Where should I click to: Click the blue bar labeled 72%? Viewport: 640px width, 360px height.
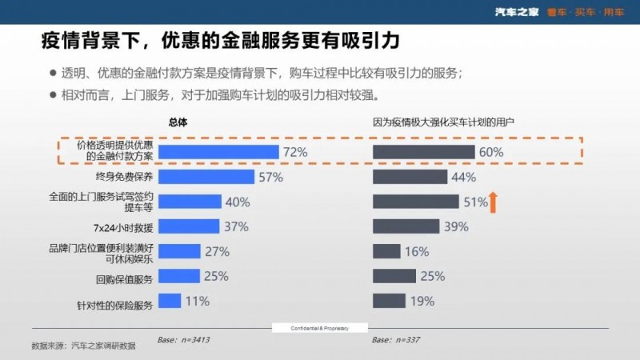tap(218, 152)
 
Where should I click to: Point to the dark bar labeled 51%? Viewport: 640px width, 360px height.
tap(416, 202)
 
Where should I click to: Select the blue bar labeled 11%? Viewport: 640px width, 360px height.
tap(170, 301)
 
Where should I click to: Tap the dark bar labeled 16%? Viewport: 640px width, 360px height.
tap(386, 251)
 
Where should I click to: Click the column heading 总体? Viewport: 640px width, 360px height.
tap(178, 122)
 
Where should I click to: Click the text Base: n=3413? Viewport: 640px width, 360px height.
tap(184, 340)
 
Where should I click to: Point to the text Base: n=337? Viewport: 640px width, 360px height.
tap(397, 340)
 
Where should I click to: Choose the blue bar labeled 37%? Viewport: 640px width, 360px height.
tap(189, 226)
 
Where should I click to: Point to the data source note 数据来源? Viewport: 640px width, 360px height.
tap(83, 346)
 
